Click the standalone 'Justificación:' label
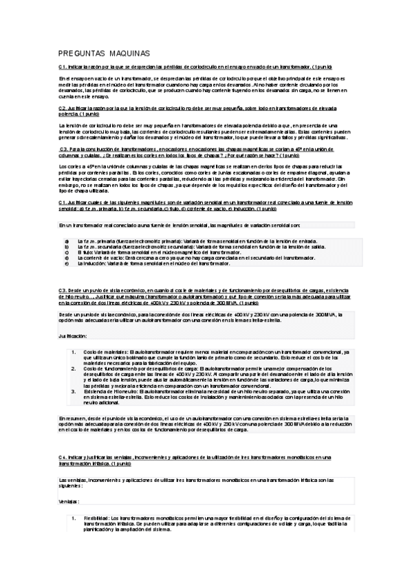[73, 335]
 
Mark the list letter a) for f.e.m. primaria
[67, 241]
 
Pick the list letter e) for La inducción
[67, 263]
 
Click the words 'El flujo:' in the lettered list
[86, 252]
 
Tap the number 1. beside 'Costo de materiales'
[74, 352]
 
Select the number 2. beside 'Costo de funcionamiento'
[74, 368]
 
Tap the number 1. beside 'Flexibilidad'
[74, 518]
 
